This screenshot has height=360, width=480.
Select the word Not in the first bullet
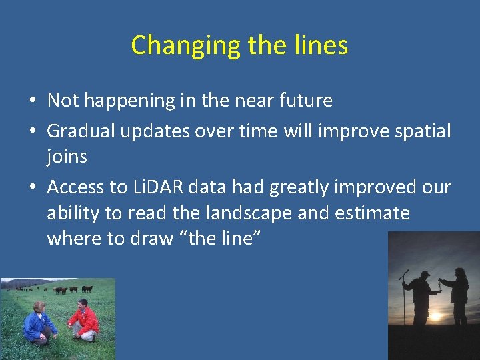coord(63,101)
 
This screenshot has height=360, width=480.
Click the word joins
coord(67,157)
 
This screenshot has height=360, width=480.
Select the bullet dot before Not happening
coord(32,101)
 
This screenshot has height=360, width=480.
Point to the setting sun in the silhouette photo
coord(437,315)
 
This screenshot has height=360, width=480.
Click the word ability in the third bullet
coord(72,213)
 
